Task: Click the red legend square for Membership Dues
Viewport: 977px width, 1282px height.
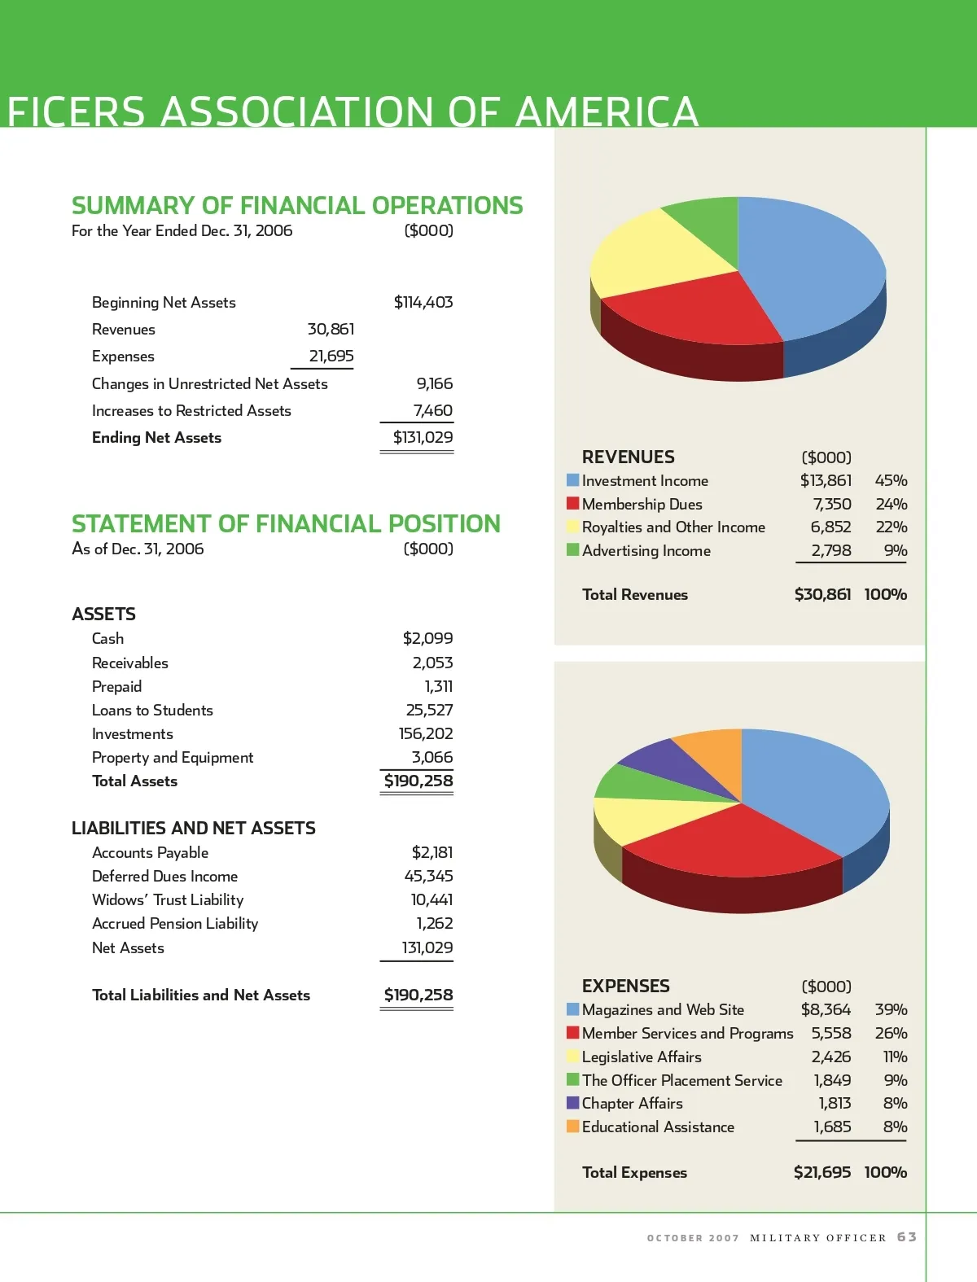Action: (573, 504)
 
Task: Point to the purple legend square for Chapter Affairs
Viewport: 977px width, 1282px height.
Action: (573, 1103)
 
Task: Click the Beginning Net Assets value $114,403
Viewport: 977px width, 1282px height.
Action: (423, 302)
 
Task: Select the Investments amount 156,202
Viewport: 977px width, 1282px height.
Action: (426, 733)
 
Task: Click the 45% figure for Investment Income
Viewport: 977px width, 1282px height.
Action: (891, 480)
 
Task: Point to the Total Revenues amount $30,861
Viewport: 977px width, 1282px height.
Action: (822, 594)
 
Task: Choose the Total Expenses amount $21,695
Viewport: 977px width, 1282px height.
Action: (822, 1172)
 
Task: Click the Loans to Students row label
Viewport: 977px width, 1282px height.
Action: (152, 710)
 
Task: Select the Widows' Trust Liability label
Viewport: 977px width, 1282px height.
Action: (168, 899)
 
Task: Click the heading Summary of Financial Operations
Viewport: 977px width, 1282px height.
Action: (297, 205)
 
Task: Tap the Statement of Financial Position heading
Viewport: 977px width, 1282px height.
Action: (286, 523)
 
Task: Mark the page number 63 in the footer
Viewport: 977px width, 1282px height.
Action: (907, 1237)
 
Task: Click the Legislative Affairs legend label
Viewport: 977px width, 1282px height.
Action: (642, 1057)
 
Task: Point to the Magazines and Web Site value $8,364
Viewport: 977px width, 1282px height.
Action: (826, 1009)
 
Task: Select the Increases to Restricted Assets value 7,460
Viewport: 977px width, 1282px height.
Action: (432, 410)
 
